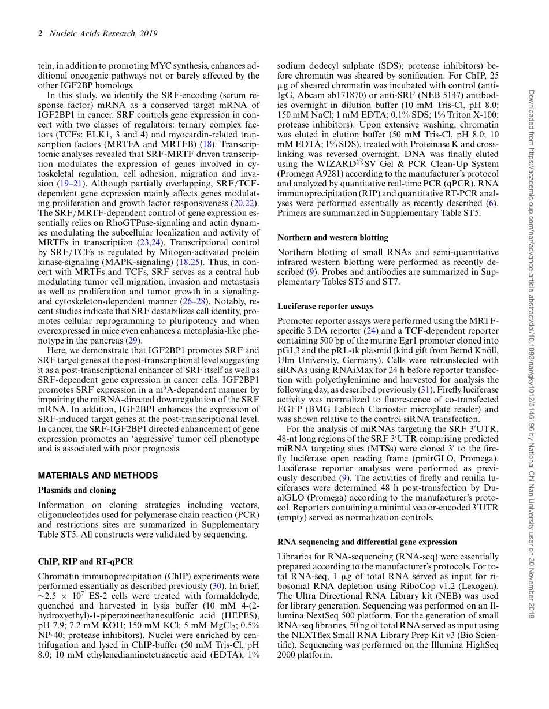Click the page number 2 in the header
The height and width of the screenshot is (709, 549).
coord(40,33)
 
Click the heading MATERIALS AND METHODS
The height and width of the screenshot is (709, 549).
coord(98,475)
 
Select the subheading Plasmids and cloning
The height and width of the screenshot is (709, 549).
coord(77,490)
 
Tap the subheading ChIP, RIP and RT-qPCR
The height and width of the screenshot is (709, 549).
coord(86,561)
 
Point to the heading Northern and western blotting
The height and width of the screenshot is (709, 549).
coord(333,237)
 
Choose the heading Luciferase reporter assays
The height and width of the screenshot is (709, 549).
coord(325,306)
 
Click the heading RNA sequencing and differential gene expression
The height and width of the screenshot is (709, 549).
coord(367,542)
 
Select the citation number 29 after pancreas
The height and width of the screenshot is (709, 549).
coord(132,341)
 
